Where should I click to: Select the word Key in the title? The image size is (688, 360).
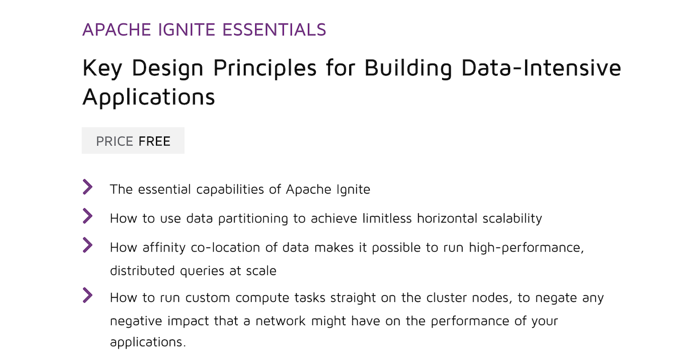pos(101,69)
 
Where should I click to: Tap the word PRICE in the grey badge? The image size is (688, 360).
pos(115,141)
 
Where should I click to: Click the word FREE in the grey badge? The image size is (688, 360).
pos(155,141)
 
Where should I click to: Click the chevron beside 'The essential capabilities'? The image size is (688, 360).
pos(88,186)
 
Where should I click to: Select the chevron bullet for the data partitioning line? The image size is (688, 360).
pos(88,216)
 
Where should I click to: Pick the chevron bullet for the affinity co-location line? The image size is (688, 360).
pos(88,245)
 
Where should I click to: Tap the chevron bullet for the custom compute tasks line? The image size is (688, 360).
pos(88,295)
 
